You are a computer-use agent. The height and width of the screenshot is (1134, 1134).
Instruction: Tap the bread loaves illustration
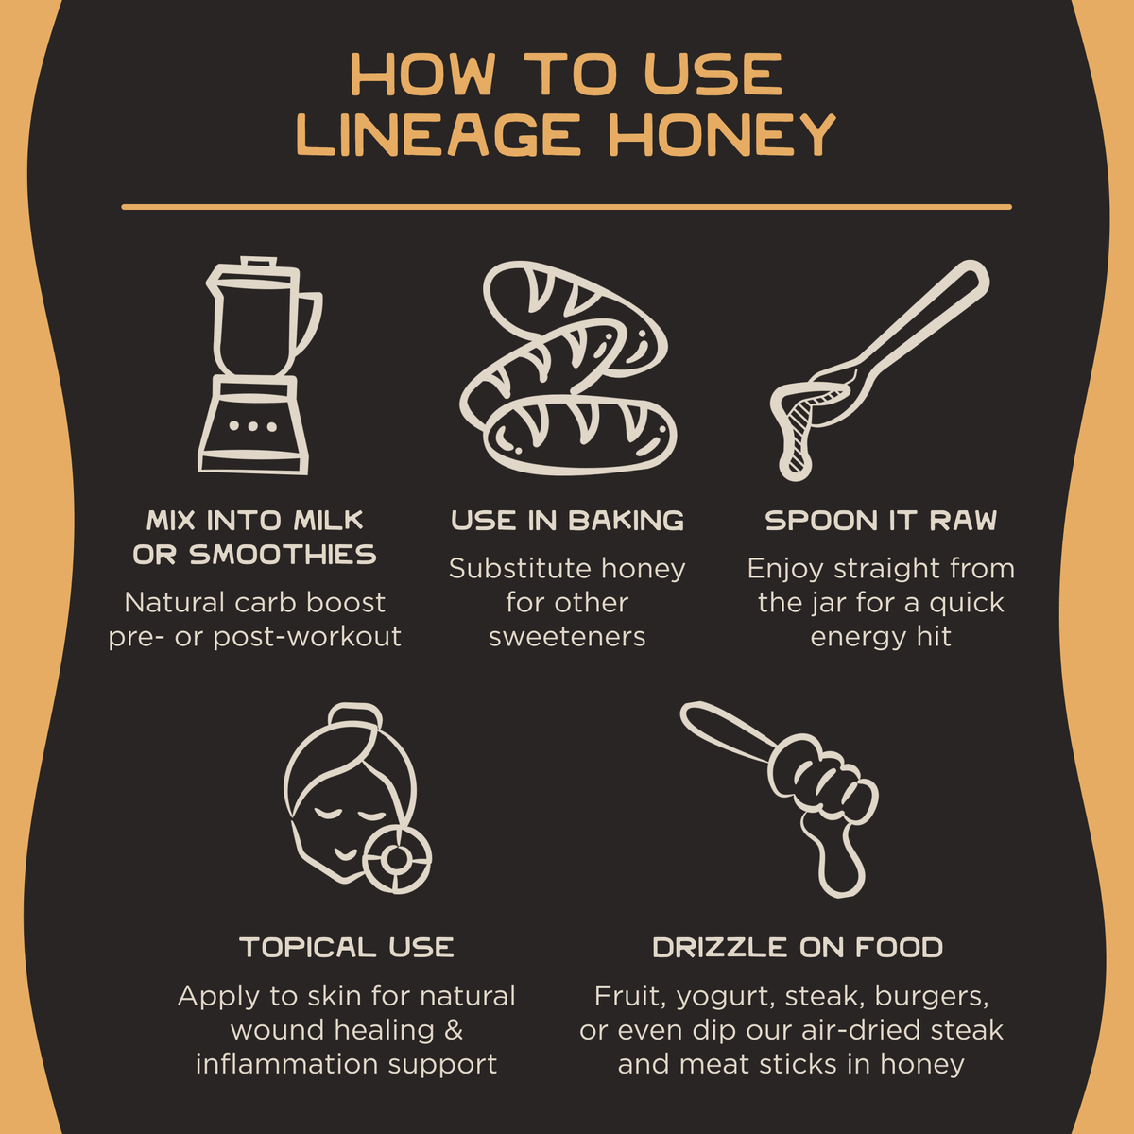(x=569, y=368)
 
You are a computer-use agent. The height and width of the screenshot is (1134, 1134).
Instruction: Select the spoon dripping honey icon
(x=880, y=369)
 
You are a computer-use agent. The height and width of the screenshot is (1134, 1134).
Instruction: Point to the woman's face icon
(x=357, y=799)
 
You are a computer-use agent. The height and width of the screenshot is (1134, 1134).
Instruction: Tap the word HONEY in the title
(x=722, y=135)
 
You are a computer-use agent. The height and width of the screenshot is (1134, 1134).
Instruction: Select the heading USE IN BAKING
(x=567, y=520)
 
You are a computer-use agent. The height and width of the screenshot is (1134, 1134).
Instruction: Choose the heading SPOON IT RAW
(x=881, y=520)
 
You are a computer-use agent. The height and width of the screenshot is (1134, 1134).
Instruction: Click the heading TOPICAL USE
(x=347, y=948)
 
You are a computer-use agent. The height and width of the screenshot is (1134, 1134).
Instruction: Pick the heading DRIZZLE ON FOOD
(x=798, y=948)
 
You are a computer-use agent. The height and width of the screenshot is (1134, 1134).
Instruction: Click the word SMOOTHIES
(x=283, y=555)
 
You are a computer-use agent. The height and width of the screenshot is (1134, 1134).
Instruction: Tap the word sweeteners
(x=567, y=637)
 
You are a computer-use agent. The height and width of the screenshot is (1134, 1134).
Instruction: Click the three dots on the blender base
(x=253, y=426)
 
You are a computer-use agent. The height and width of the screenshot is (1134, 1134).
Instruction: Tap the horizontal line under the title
(x=567, y=207)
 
